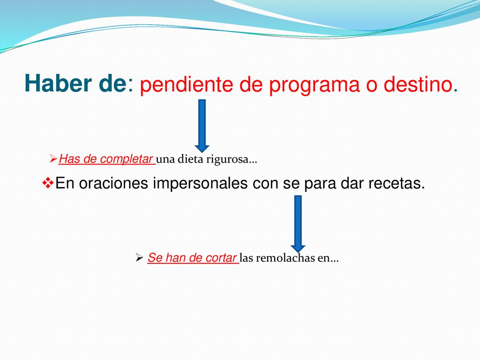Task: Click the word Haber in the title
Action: point(58,83)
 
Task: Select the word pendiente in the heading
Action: point(186,84)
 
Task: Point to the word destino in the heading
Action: point(418,84)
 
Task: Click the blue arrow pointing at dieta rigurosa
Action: point(202,126)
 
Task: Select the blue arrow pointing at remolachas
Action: point(298,224)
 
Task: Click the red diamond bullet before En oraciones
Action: point(48,183)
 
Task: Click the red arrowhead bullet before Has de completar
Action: point(53,159)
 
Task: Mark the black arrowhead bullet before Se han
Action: point(139,258)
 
